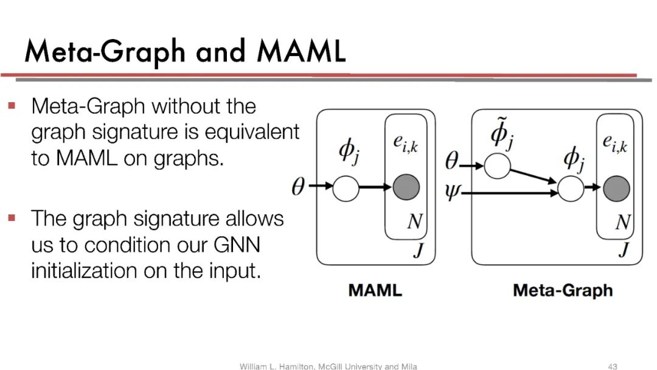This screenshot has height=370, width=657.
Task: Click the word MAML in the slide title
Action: pyautogui.click(x=301, y=51)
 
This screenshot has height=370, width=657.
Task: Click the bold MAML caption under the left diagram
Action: pyautogui.click(x=375, y=290)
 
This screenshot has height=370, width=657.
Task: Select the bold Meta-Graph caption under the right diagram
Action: pyautogui.click(x=563, y=290)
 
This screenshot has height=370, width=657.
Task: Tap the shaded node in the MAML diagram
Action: pyautogui.click(x=406, y=187)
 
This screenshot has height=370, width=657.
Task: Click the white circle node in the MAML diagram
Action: pyautogui.click(x=346, y=187)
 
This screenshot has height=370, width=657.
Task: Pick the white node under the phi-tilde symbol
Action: pyautogui.click(x=497, y=166)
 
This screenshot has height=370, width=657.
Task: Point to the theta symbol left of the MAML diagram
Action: pyautogui.click(x=298, y=187)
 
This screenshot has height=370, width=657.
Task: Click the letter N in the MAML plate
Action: pyautogui.click(x=414, y=222)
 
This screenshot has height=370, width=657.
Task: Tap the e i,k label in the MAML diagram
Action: pyautogui.click(x=406, y=145)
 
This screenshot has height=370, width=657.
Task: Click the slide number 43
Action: pyautogui.click(x=613, y=366)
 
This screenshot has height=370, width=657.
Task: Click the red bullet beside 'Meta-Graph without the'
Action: pyautogui.click(x=12, y=106)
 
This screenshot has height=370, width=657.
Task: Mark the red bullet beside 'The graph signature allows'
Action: pyautogui.click(x=12, y=217)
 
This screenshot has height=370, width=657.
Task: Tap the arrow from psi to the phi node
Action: pyautogui.click(x=511, y=194)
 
